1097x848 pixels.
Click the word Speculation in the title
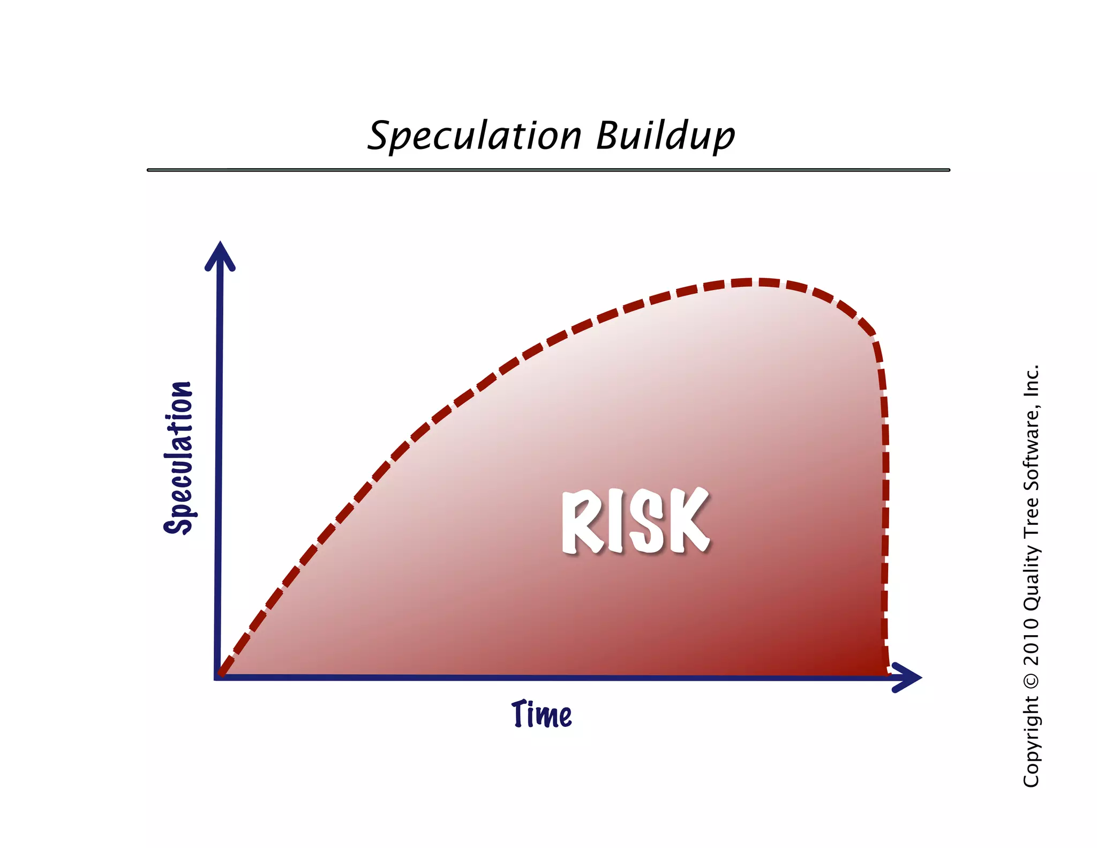tap(475, 136)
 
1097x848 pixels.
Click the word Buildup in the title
tap(665, 136)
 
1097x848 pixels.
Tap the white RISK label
tap(636, 521)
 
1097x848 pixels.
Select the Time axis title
tap(542, 714)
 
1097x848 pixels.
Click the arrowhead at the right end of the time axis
tap(908, 678)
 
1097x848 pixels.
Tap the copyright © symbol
tap(1031, 681)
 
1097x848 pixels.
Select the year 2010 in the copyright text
tap(1031, 641)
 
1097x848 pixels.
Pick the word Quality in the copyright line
tap(1031, 579)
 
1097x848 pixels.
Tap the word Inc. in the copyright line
tap(1031, 381)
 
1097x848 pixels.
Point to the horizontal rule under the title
tap(548, 170)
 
